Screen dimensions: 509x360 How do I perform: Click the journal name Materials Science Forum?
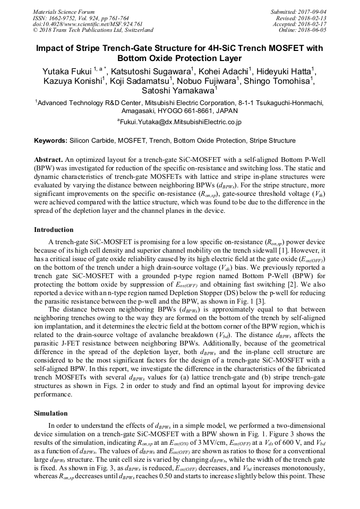pyautogui.click(x=64, y=11)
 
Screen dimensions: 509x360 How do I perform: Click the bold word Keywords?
pyautogui.click(x=50, y=141)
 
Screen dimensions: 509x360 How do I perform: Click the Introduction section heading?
pyautogui.click(x=54, y=230)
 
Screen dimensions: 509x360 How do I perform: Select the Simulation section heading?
pyautogui.click(x=50, y=412)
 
